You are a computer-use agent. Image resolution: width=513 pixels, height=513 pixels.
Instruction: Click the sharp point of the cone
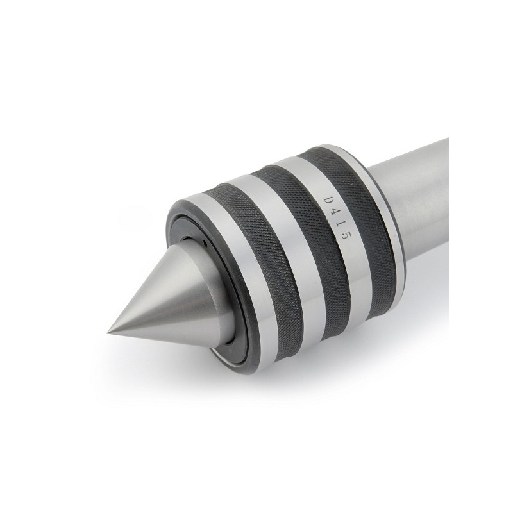pyautogui.click(x=108, y=332)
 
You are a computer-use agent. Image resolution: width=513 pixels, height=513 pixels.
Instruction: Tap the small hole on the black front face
pyautogui.click(x=205, y=243)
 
